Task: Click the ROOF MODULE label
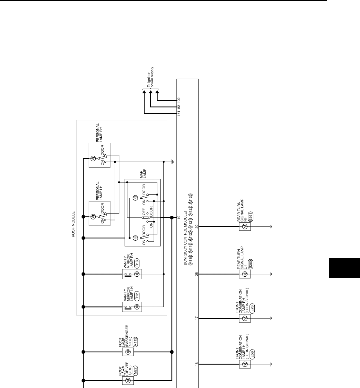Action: (73, 224)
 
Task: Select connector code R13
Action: (137, 263)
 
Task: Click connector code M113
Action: (135, 342)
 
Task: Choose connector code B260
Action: (251, 264)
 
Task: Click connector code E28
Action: (252, 308)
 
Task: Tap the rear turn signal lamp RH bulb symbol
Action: (245, 227)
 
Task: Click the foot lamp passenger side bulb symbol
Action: (128, 352)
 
